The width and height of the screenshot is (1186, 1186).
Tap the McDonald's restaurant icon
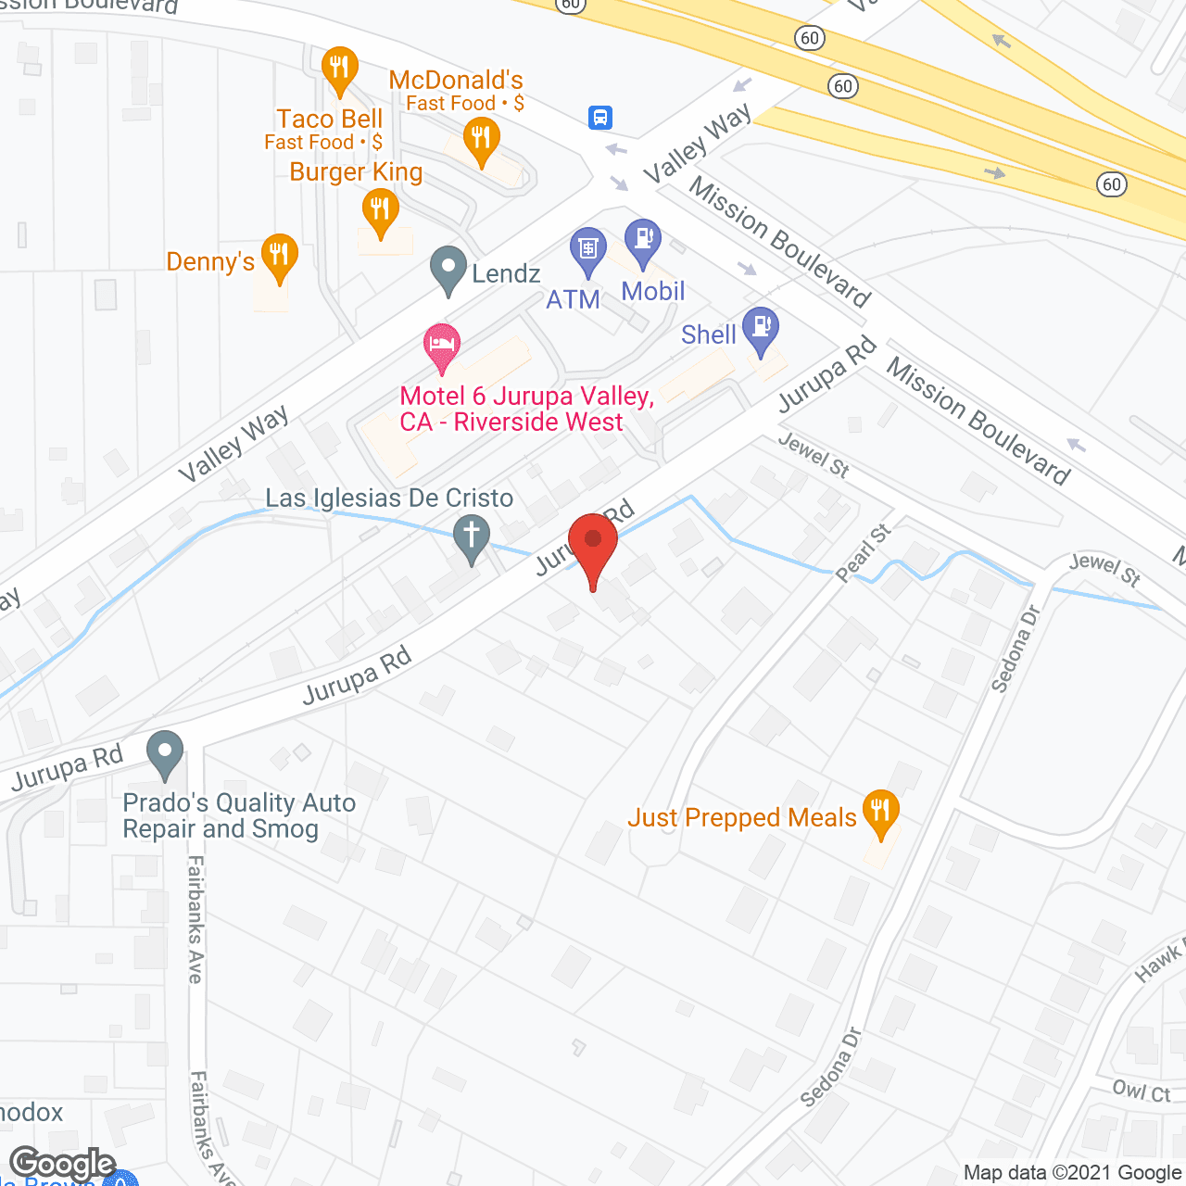pos(480,139)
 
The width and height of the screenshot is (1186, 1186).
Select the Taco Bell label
pos(329,120)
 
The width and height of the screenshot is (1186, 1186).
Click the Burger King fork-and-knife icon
pos(380,208)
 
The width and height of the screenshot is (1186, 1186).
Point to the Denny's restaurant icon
pos(279,255)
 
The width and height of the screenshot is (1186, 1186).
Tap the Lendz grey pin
pos(448,269)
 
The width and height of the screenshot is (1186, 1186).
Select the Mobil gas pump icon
pos(642,241)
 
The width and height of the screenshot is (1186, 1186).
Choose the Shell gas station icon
pos(761,329)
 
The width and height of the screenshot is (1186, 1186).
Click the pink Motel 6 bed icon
pos(443,346)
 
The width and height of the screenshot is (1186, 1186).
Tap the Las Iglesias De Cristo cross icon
pos(472,536)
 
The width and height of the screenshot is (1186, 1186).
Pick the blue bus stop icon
pos(600,117)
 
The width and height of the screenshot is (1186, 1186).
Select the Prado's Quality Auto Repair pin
pos(166,752)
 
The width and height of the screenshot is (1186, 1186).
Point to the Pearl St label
pos(863,553)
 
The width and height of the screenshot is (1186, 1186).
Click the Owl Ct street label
pos(1142,1091)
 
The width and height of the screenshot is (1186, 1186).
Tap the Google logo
pos(62,1163)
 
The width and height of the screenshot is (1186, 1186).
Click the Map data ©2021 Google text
pos(1073,1172)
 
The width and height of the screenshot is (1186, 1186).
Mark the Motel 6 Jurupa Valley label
pos(527,409)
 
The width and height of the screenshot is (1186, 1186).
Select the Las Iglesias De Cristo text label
pos(389,498)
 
